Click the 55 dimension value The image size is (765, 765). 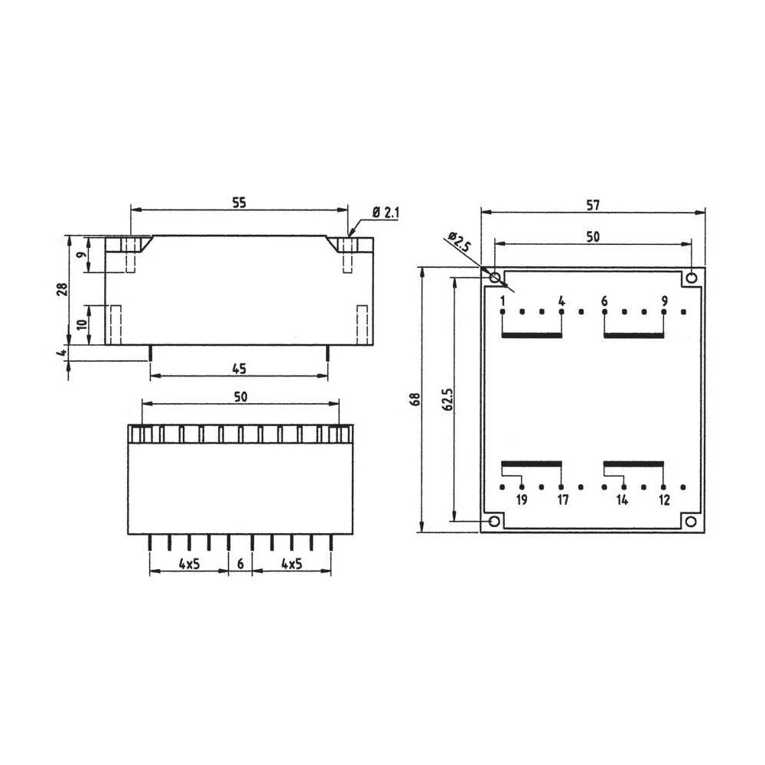[239, 203]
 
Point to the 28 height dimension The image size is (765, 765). [63, 288]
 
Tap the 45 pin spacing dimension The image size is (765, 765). [239, 369]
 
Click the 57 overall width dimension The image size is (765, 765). [593, 204]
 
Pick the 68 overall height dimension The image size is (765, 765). [415, 399]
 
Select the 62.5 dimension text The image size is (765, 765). [448, 399]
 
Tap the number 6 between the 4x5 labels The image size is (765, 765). [240, 564]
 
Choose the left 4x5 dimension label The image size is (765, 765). [189, 564]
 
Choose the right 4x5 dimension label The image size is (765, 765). [291, 564]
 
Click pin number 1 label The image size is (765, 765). [503, 301]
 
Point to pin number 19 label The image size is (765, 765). [521, 500]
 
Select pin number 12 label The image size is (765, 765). [663, 500]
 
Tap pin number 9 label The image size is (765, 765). [664, 301]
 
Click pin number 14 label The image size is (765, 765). [623, 500]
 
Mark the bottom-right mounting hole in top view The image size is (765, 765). [691, 522]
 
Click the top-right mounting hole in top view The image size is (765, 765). [692, 277]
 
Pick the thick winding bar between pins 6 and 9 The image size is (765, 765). [633, 335]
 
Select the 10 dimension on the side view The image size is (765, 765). [82, 324]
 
